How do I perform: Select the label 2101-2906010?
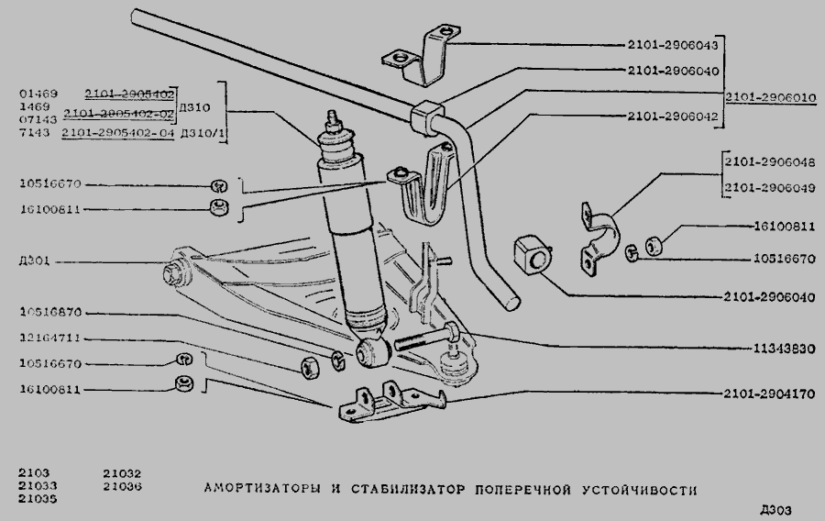tap(771, 95)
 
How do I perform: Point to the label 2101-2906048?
tap(768, 161)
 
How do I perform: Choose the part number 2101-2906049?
tap(768, 189)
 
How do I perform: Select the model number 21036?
tap(122, 486)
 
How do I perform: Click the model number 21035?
tap(37, 500)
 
